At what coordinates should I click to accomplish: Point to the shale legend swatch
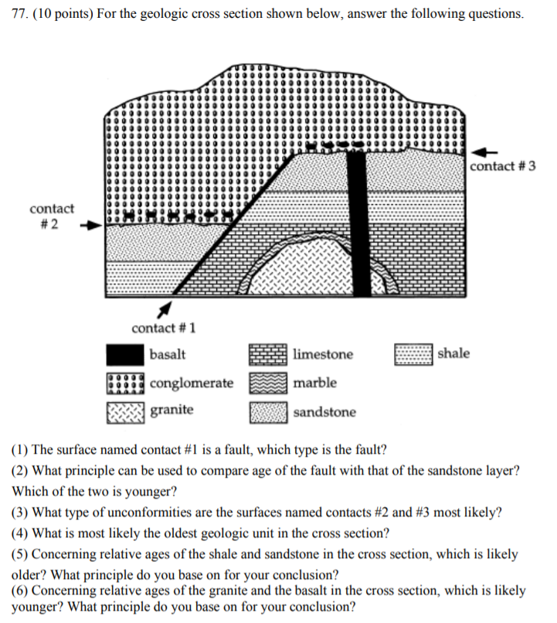(x=413, y=355)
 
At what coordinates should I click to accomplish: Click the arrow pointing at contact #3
(x=485, y=151)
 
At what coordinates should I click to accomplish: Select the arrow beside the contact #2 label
(x=91, y=226)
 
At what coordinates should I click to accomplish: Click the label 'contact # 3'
(x=502, y=167)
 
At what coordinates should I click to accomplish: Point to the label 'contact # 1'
(x=163, y=328)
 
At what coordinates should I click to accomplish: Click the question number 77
(x=19, y=15)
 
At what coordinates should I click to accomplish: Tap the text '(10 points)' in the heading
(x=65, y=15)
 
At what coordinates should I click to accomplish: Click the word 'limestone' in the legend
(x=323, y=355)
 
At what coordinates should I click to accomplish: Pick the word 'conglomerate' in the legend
(x=192, y=383)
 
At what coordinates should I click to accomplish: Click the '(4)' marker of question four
(x=21, y=533)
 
